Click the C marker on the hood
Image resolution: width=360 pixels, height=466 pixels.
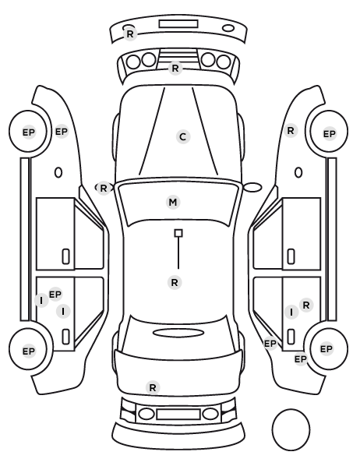click(x=183, y=136)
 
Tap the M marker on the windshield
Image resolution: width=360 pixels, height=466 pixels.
click(x=173, y=202)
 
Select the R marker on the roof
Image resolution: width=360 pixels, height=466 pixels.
click(x=175, y=282)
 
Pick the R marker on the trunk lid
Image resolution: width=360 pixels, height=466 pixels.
click(x=153, y=387)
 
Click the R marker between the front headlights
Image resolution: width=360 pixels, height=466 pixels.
click(x=175, y=69)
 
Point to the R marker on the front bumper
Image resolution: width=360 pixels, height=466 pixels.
click(x=130, y=34)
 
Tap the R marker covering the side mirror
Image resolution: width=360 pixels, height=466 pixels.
click(x=103, y=188)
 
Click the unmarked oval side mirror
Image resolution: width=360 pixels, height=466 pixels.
click(x=252, y=188)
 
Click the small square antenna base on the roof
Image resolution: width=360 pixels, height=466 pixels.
click(x=178, y=233)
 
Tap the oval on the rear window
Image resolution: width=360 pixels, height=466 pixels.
click(x=178, y=334)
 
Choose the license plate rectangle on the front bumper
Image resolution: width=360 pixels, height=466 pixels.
click(x=178, y=24)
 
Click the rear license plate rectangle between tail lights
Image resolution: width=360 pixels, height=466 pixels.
click(x=178, y=415)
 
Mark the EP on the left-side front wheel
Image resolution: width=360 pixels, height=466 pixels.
click(x=29, y=132)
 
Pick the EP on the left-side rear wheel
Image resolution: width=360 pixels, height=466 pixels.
click(x=29, y=351)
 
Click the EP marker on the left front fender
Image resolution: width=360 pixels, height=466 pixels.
click(x=62, y=132)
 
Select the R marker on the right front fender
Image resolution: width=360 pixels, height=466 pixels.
click(x=291, y=130)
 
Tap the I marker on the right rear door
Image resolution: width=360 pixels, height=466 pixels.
click(x=291, y=312)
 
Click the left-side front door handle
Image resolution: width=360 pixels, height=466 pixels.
click(x=65, y=256)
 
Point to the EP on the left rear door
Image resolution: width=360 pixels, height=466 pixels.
click(x=55, y=295)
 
